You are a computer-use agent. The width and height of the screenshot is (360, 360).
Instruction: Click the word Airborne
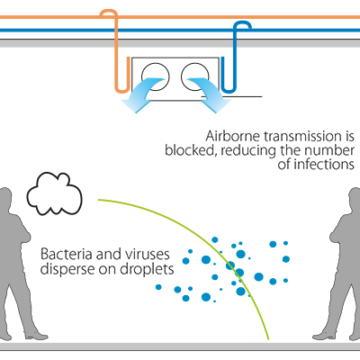232,137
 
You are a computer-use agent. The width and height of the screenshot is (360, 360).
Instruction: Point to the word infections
324,165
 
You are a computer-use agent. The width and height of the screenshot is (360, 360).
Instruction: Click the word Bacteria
67,255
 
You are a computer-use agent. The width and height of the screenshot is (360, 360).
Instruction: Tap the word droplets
147,269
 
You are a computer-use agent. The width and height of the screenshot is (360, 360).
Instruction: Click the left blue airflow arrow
141,97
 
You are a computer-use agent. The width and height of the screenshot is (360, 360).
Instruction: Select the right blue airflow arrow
210,96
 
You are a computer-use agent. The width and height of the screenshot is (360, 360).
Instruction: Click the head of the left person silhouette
5,200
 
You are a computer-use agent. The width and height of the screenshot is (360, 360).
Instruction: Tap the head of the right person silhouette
355,199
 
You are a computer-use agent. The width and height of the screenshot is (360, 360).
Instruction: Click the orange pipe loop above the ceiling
109,12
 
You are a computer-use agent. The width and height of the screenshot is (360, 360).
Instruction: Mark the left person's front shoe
37,337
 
